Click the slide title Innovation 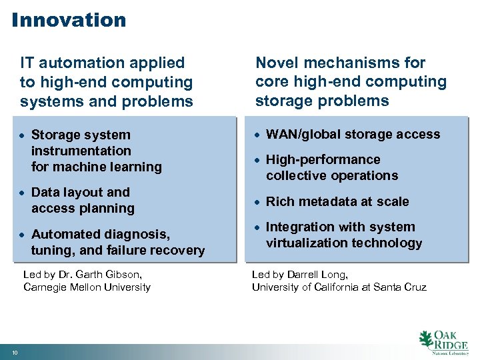click(x=69, y=19)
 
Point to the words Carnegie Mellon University click(x=87, y=287)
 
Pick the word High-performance click(x=323, y=159)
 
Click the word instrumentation click(x=81, y=151)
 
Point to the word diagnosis click(x=138, y=234)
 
